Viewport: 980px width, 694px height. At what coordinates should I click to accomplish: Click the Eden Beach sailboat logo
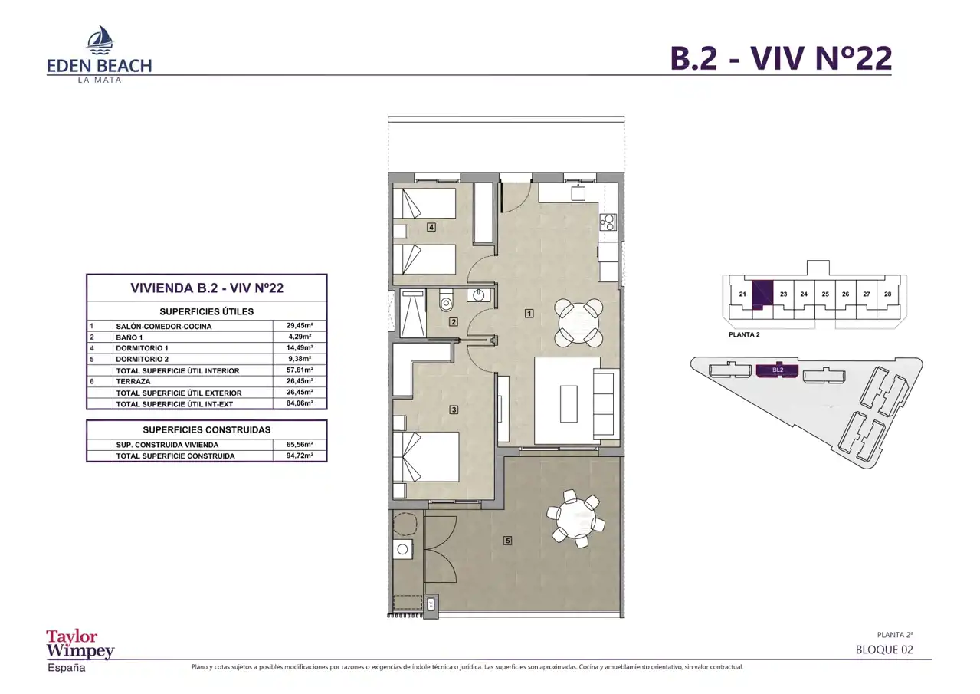(100, 39)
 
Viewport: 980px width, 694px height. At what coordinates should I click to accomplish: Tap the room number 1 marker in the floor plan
(529, 313)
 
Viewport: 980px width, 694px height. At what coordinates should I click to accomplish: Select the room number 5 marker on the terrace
(507, 541)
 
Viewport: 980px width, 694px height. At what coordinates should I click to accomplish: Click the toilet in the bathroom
(446, 301)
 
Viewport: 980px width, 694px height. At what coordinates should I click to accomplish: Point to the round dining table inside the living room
(578, 323)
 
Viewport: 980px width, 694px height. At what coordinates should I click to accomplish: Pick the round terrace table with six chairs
(575, 519)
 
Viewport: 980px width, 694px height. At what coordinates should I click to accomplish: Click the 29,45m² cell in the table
(300, 325)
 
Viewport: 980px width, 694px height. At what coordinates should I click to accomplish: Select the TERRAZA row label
(133, 381)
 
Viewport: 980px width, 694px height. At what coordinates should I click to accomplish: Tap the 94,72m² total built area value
(300, 456)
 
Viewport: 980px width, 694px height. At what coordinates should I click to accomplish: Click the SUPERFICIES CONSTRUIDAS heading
(207, 430)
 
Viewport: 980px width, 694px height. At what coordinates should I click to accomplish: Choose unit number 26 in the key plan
(845, 294)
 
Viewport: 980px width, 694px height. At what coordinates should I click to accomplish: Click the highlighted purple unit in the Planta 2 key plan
(762, 294)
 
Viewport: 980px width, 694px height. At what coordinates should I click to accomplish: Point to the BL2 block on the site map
(778, 370)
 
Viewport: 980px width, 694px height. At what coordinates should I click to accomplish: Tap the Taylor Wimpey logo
(80, 644)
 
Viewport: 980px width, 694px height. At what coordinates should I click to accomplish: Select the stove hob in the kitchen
(608, 222)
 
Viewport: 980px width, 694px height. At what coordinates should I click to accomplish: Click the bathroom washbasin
(478, 294)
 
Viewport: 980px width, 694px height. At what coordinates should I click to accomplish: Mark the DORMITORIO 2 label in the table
(142, 359)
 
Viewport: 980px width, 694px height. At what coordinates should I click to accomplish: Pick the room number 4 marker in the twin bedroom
(431, 227)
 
